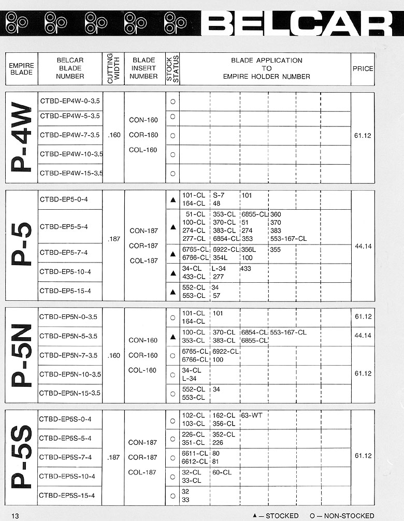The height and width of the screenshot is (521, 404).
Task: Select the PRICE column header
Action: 363,68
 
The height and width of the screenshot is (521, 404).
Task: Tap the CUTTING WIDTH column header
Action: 113,68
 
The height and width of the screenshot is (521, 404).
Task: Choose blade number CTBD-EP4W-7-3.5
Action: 70,135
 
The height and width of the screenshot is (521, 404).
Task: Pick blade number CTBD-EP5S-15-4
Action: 67,496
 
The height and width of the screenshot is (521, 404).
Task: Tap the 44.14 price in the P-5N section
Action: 363,336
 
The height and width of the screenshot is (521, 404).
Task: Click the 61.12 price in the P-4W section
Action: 363,136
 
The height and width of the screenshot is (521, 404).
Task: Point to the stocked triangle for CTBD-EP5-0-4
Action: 172,200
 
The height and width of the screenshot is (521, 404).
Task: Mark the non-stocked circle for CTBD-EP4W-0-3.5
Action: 172,102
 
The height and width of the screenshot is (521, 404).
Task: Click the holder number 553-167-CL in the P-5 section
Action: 288,239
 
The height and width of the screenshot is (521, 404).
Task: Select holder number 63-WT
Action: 251,415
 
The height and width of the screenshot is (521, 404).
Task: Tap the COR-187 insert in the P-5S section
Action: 143,457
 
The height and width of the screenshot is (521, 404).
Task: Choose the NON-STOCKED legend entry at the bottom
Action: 342,516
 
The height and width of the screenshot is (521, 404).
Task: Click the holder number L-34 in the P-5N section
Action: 189,379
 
